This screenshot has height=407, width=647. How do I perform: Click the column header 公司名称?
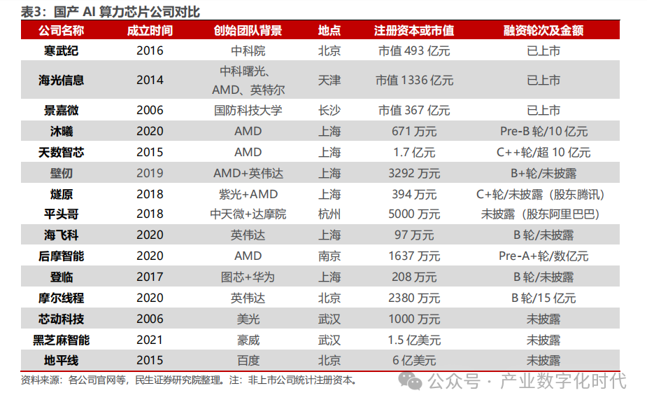click(x=62, y=31)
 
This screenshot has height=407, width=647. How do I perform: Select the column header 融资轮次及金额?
click(x=543, y=31)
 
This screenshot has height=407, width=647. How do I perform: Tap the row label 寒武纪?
click(x=62, y=51)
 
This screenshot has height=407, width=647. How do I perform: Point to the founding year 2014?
click(x=150, y=81)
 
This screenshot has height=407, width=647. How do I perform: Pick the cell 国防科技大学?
click(x=248, y=111)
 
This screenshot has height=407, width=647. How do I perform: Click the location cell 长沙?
click(x=329, y=111)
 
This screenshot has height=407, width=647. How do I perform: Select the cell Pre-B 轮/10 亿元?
click(x=543, y=132)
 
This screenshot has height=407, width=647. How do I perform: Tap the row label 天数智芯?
click(x=62, y=153)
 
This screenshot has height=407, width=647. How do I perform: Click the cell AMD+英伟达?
click(x=248, y=173)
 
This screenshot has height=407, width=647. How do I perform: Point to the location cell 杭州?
click(x=329, y=214)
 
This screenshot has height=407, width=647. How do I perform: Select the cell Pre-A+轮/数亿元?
click(x=543, y=256)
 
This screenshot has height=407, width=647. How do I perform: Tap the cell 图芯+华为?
click(x=248, y=277)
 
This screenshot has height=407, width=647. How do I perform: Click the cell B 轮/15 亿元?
click(x=543, y=298)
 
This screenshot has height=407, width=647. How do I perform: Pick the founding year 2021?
click(x=150, y=340)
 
